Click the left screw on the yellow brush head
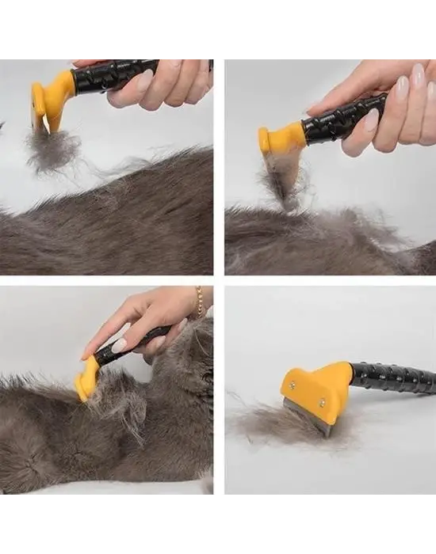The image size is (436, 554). click(x=291, y=385)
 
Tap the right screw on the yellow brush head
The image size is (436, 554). click(x=323, y=402)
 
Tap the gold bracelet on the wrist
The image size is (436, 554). click(x=200, y=302)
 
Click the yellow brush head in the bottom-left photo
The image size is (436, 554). click(x=87, y=378)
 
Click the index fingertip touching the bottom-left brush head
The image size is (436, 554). click(x=86, y=355)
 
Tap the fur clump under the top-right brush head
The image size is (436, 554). click(x=281, y=178)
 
